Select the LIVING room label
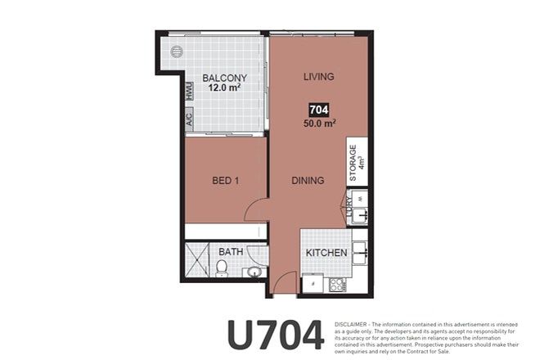(x=318, y=77)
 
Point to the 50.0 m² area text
(x=319, y=124)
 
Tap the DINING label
(x=308, y=181)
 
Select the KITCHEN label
(x=326, y=253)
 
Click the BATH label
(x=230, y=252)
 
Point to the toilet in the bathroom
(x=222, y=270)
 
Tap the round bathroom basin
(x=254, y=272)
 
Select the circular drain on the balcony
(x=176, y=52)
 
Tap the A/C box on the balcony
(x=189, y=118)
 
